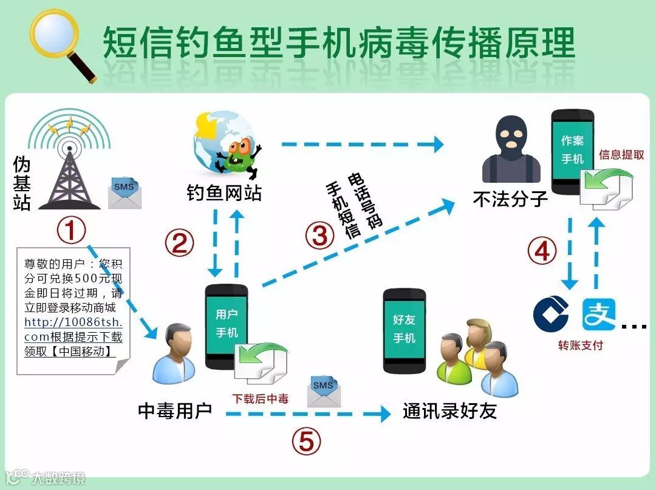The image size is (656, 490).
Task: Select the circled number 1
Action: (x=70, y=231)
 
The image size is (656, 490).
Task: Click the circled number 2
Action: (x=179, y=243)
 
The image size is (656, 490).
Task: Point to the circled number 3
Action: (x=319, y=236)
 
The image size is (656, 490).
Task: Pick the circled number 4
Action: (x=541, y=251)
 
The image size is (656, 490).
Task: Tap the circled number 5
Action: (x=306, y=441)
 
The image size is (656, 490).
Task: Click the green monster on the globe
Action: (x=238, y=155)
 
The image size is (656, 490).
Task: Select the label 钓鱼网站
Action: (x=224, y=193)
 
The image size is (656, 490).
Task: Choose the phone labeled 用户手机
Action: (x=227, y=325)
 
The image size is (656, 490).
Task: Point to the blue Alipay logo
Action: (x=599, y=314)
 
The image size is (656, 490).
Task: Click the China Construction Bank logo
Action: (x=550, y=315)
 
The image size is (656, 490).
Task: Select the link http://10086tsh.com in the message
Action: (x=73, y=329)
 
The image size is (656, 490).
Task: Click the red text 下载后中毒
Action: (x=261, y=399)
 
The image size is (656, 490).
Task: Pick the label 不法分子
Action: (x=510, y=199)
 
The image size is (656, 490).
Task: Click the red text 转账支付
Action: (x=581, y=345)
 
